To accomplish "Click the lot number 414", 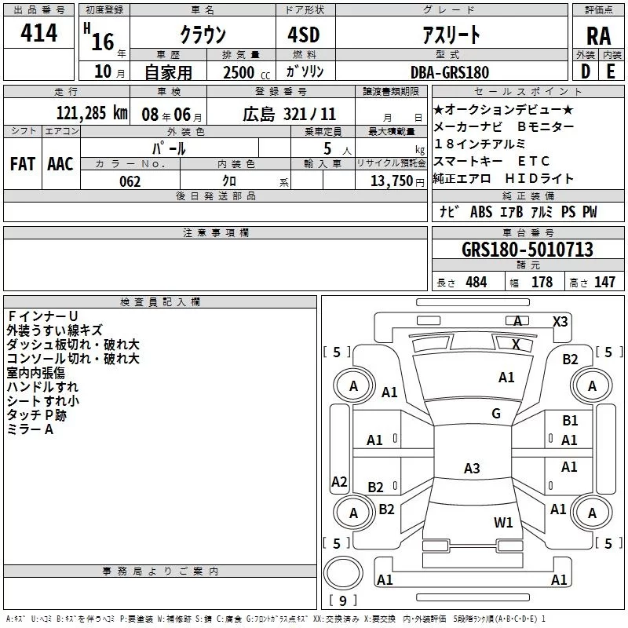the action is [x=40, y=33].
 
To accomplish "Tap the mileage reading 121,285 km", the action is [x=92, y=112].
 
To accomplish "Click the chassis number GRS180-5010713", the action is [x=527, y=250].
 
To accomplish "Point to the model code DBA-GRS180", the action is [x=449, y=71].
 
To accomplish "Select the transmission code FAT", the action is [x=22, y=163].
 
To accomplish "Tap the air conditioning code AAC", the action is [x=60, y=163].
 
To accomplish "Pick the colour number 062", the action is [x=130, y=181].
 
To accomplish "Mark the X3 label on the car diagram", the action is [x=560, y=321].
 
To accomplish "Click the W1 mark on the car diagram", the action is [x=503, y=522].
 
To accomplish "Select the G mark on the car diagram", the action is [x=496, y=414].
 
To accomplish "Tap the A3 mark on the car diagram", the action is [x=471, y=469].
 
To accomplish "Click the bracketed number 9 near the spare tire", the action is [x=341, y=601].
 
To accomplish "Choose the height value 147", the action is [x=604, y=283].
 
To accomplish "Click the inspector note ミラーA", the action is [x=30, y=429].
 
